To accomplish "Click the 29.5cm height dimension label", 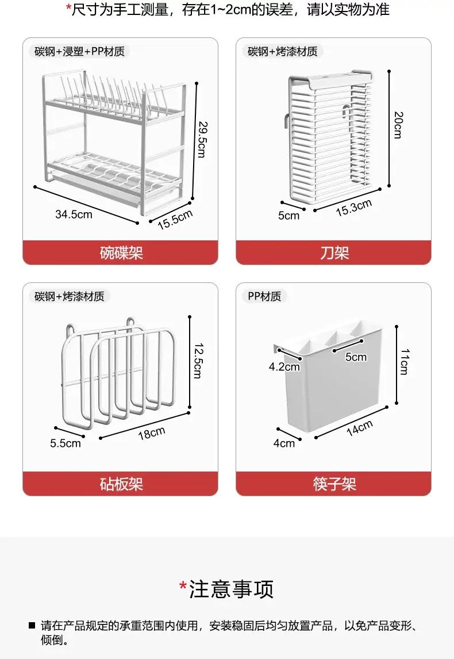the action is [x=202, y=140].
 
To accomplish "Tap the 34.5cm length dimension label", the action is [x=74, y=214].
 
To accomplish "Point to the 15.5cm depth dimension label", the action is [x=175, y=220].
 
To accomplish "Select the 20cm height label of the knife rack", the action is [x=398, y=125].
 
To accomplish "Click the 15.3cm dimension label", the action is [x=354, y=208].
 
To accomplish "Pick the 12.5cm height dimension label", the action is [x=199, y=361].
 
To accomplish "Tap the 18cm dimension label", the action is [x=152, y=433].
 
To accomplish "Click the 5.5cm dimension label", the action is [x=66, y=443].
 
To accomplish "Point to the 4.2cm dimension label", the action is [x=284, y=367].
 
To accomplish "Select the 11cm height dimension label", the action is [x=404, y=362].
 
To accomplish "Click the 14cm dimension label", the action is [x=360, y=428].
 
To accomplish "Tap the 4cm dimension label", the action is [x=284, y=443].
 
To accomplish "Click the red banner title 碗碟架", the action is [x=121, y=253].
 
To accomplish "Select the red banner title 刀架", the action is [x=334, y=253].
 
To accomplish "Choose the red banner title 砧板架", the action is [x=121, y=484].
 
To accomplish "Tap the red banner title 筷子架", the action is [x=334, y=484].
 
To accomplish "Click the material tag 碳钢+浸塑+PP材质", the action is [x=79, y=51].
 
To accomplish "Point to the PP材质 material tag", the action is [x=264, y=296].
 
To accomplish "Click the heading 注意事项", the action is [x=231, y=589].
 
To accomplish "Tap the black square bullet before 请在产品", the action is [x=32, y=626].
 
